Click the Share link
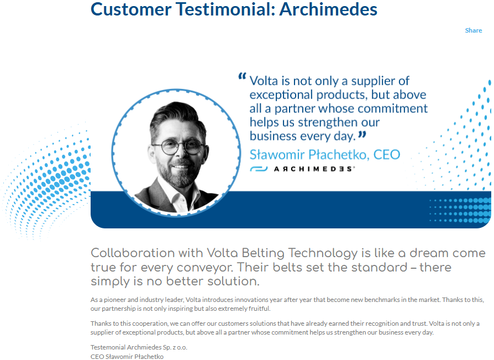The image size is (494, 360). [x=473, y=30]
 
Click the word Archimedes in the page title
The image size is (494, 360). [x=328, y=9]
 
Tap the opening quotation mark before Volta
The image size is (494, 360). [x=242, y=76]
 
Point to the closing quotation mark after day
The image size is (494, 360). [x=362, y=134]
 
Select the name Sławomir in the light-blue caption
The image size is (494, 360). [x=277, y=154]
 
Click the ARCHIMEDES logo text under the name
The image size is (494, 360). [x=314, y=169]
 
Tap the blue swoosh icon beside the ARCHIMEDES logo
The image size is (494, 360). [x=259, y=169]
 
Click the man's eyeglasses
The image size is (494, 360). [x=178, y=147]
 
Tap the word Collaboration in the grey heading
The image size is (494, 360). [x=133, y=253]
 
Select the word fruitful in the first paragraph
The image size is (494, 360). [x=260, y=309]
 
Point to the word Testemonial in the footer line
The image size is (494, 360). [x=109, y=347]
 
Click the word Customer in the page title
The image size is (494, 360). [x=131, y=9]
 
